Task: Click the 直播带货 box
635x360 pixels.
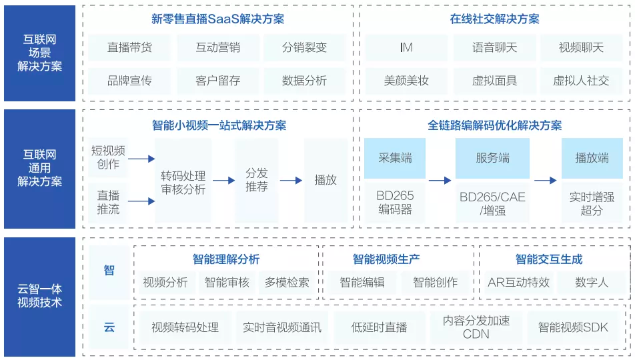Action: (129, 47)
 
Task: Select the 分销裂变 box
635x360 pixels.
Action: (305, 47)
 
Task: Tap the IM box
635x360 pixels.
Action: (406, 47)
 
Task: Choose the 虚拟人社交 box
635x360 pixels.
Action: (581, 81)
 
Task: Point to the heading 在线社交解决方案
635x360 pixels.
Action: (495, 19)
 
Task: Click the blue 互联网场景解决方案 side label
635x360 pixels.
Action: (40, 53)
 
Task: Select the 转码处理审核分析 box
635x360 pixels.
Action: (183, 182)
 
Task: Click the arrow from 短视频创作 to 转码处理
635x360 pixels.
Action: (141, 159)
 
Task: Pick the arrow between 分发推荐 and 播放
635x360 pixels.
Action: (291, 180)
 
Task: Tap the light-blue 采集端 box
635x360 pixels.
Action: (395, 158)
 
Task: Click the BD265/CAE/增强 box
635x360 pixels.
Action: (492, 203)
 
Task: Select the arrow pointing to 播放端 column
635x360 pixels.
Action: (545, 180)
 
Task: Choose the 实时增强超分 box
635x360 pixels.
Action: (592, 203)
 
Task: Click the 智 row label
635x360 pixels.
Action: (109, 270)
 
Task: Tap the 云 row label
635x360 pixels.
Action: (109, 327)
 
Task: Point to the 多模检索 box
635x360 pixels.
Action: (287, 282)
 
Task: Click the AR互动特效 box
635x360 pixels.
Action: (518, 282)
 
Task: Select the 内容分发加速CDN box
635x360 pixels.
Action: (476, 327)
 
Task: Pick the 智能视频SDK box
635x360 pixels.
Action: (573, 327)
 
